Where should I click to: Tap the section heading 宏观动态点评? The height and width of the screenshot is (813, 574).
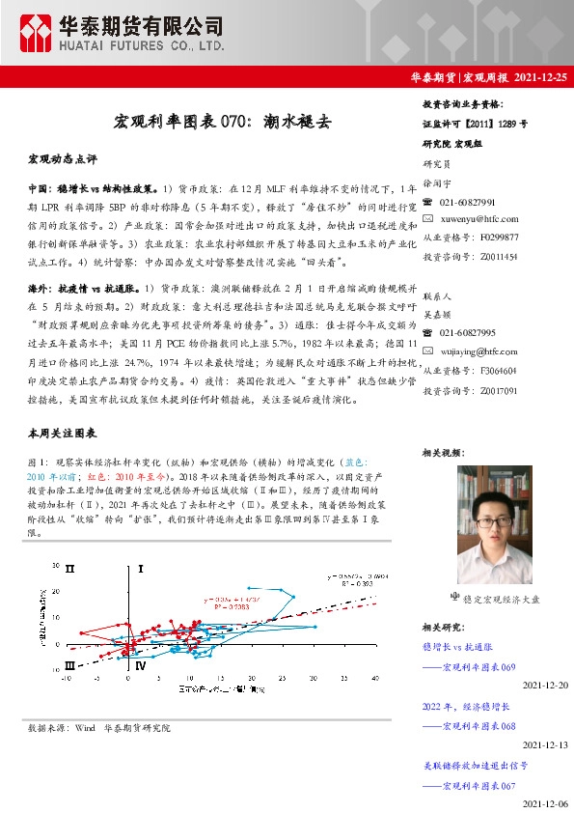click(x=64, y=157)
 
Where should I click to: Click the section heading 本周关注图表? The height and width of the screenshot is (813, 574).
click(x=64, y=435)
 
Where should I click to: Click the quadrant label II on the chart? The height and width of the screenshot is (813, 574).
click(x=68, y=571)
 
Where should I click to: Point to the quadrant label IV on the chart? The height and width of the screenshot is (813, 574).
click(x=142, y=665)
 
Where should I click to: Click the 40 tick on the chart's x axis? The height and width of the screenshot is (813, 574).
click(x=375, y=679)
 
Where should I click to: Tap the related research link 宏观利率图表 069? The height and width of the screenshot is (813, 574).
click(x=478, y=667)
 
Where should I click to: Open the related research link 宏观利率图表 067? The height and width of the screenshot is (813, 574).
click(x=478, y=786)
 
